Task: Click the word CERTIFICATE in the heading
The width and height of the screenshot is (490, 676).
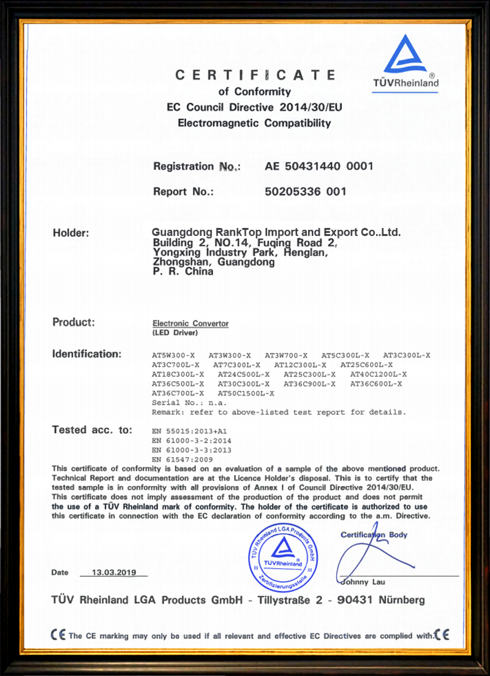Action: (255, 75)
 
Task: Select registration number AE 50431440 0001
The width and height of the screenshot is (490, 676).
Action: (318, 166)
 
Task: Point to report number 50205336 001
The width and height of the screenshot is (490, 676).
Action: (306, 191)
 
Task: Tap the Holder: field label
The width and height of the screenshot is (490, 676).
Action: (71, 233)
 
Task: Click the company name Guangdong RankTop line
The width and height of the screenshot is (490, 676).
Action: (276, 232)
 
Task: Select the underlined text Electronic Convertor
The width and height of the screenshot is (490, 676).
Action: (190, 323)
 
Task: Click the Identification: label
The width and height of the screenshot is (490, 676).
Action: (87, 354)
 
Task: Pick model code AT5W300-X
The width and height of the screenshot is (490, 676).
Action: (173, 355)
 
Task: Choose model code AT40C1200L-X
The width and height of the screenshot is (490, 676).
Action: (379, 374)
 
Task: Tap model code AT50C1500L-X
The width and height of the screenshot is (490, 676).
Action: (246, 393)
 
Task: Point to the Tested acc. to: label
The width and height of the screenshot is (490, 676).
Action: (92, 430)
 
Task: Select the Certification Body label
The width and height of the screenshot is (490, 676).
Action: (374, 535)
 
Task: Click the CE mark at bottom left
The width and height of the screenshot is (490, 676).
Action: (59, 636)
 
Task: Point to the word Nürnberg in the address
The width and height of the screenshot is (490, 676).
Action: (402, 599)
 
